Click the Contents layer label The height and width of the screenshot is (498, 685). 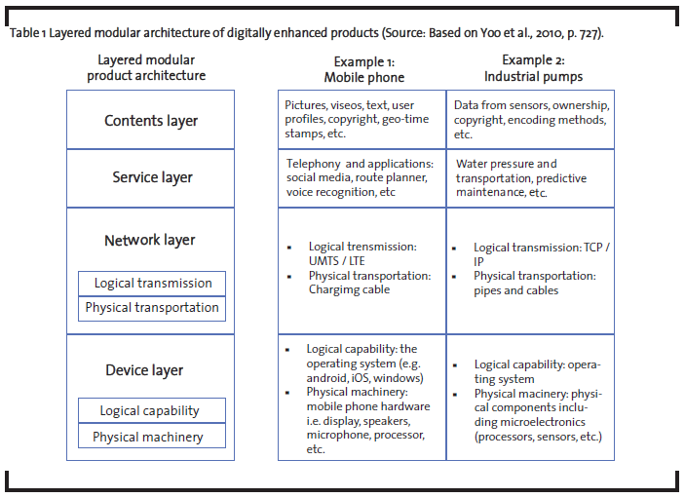tap(151, 121)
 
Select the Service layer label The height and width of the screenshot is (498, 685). tap(152, 177)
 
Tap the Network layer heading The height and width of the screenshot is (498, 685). tap(149, 241)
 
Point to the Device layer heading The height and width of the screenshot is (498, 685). tap(144, 370)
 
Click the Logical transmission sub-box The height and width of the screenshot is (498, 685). tap(152, 284)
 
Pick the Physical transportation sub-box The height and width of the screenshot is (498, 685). tap(152, 308)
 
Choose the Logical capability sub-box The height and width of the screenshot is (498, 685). tap(152, 410)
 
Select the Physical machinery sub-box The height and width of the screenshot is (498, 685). tap(152, 436)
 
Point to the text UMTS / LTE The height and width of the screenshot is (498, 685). tap(336, 261)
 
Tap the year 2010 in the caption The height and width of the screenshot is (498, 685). tap(550, 33)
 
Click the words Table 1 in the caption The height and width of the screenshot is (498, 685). tap(27, 33)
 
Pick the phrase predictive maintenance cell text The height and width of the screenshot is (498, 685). tap(521, 186)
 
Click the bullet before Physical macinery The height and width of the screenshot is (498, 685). tap(455, 395)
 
